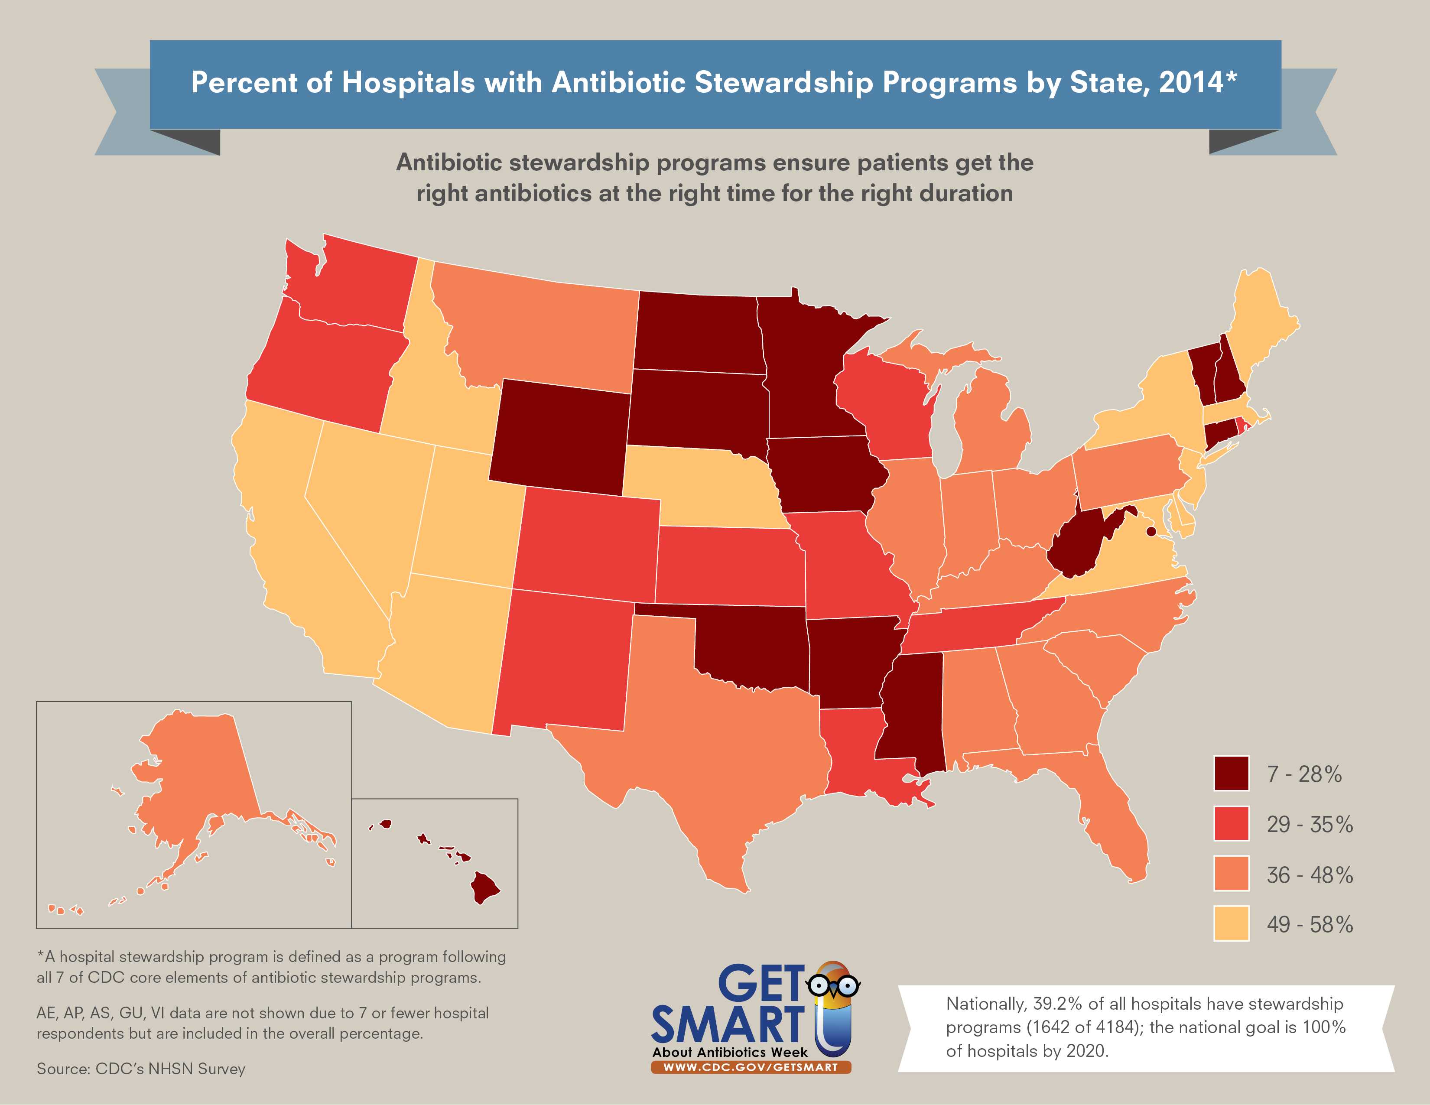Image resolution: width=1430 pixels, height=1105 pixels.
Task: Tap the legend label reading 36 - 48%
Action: pos(1310,874)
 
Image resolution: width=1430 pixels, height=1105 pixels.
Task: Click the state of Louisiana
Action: pos(851,753)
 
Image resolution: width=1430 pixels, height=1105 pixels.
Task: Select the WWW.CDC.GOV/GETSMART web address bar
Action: pos(751,1067)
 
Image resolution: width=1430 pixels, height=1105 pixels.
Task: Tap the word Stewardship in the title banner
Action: pos(784,83)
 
